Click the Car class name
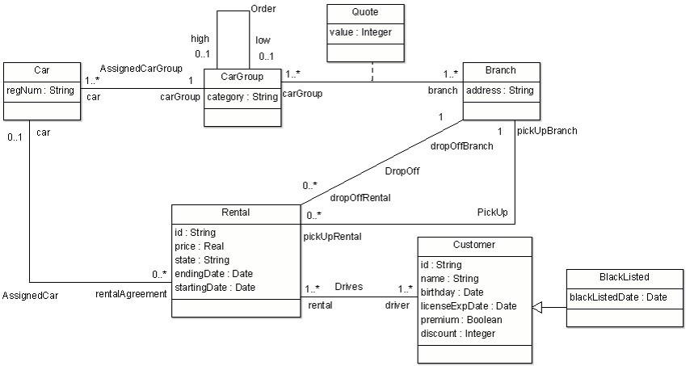click(x=42, y=70)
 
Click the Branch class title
click(x=501, y=70)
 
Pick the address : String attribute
click(x=500, y=90)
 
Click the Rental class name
click(x=235, y=213)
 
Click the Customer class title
click(x=475, y=245)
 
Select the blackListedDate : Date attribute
click(x=618, y=297)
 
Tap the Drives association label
click(x=349, y=286)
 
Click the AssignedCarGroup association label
click(x=141, y=68)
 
